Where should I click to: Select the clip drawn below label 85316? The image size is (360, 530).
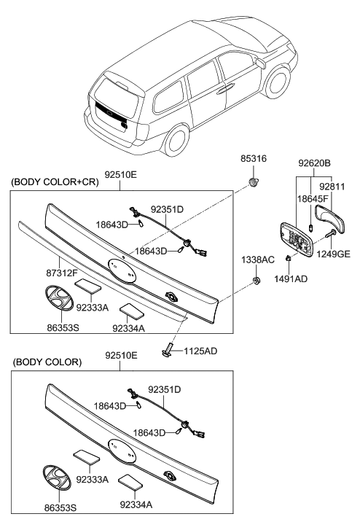click(254, 182)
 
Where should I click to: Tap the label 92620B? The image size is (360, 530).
click(315, 164)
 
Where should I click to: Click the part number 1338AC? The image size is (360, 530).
click(258, 260)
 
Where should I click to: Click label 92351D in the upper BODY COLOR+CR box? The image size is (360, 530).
click(167, 209)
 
